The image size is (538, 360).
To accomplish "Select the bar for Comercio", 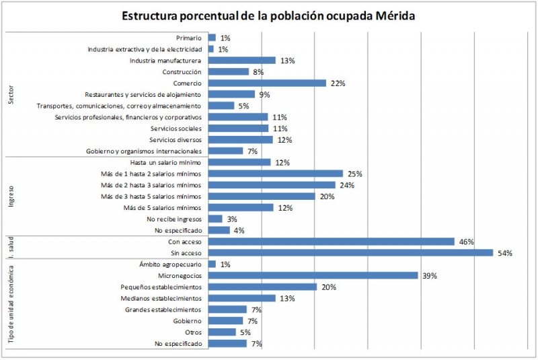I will point(267,83).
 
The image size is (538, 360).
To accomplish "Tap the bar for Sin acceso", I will point(350,253).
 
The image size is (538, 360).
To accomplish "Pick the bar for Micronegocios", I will point(313,276).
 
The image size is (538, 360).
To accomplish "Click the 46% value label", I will point(467,242).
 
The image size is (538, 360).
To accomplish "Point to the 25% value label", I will point(354,174).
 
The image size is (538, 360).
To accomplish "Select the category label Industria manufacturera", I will point(165,61).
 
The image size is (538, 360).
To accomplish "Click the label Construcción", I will point(182,72).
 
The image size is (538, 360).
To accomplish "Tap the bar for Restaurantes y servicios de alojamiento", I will point(231,94).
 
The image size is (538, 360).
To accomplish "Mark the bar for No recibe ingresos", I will point(215,219).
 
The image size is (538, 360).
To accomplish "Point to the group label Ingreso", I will point(11,196).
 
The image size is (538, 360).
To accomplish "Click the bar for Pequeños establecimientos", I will point(262,287).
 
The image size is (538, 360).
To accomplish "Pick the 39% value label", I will point(428,276).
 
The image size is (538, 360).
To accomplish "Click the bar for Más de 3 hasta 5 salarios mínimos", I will point(262,196).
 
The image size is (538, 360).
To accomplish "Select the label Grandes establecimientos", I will point(163,310).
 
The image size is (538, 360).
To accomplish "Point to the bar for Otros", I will point(222,332).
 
